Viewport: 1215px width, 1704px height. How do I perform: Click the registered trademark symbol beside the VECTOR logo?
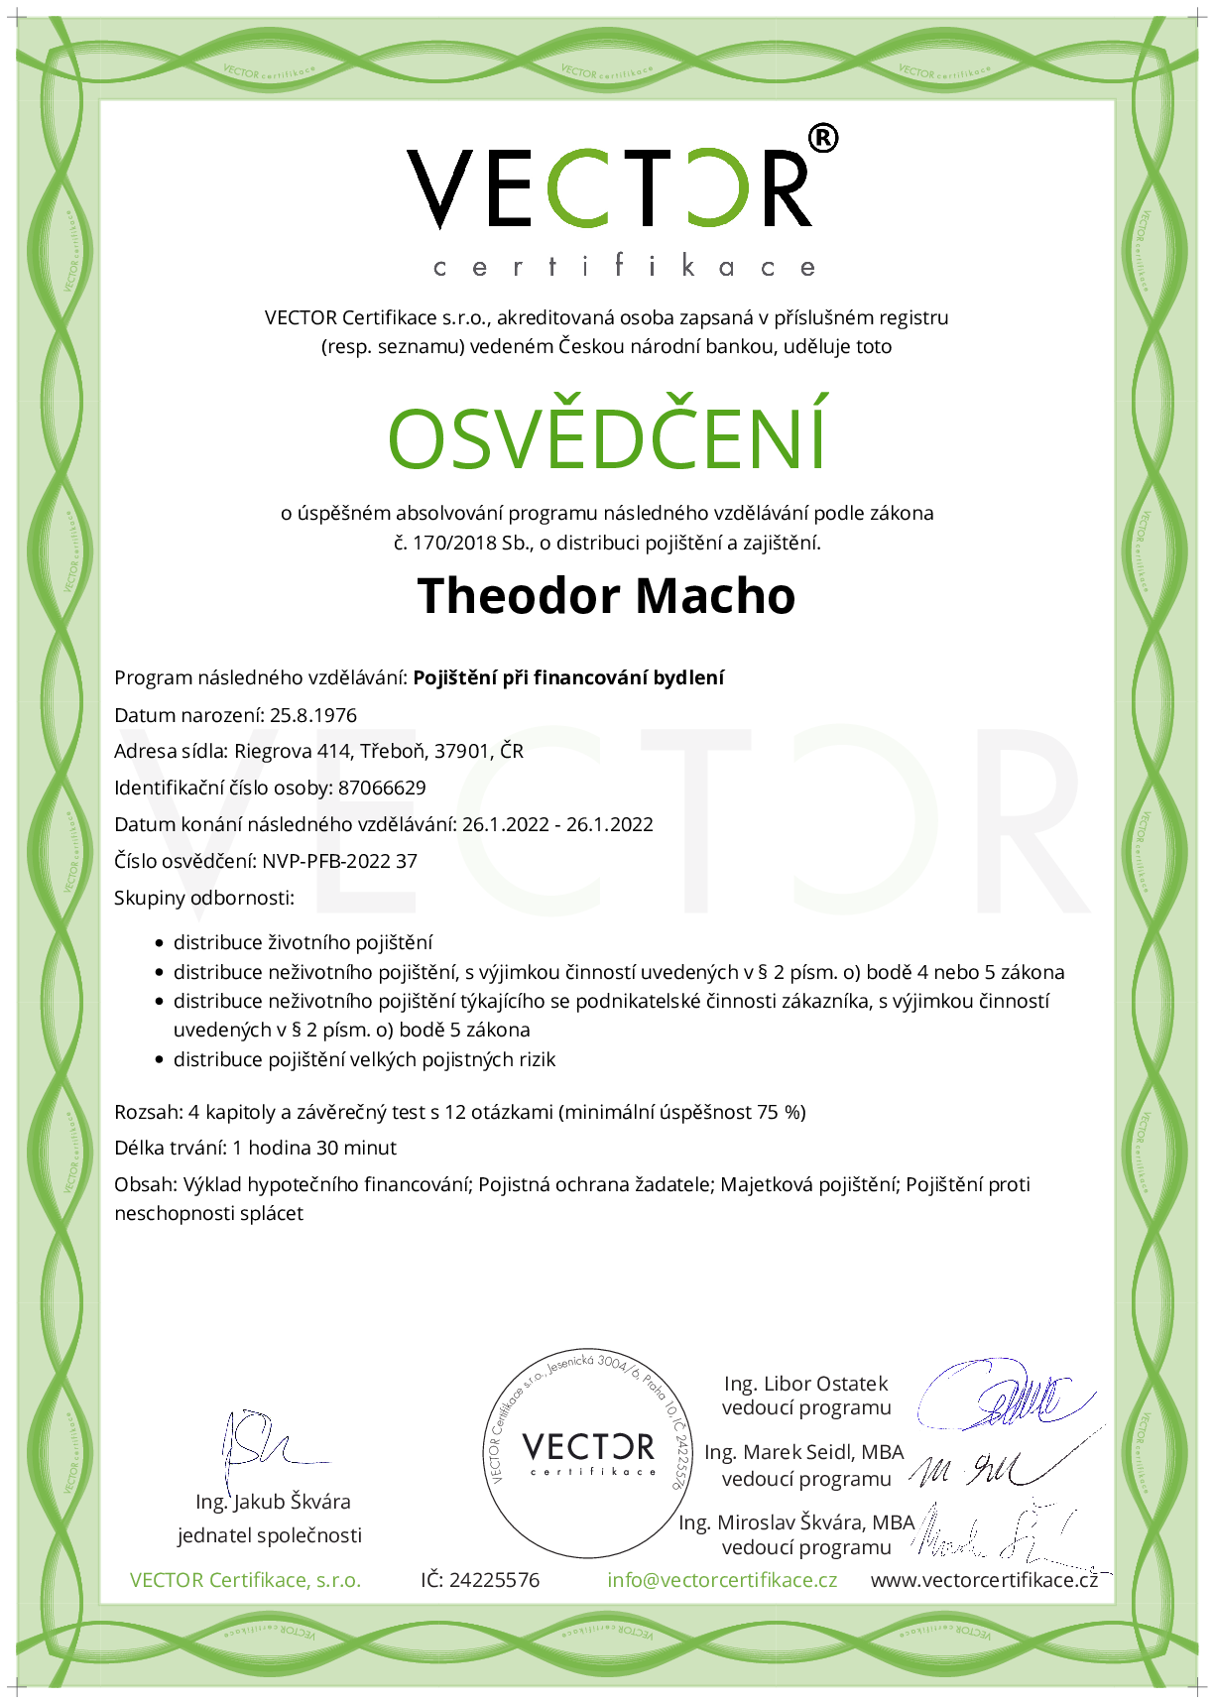(x=822, y=139)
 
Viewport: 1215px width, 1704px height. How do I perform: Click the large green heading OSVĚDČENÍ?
(x=607, y=437)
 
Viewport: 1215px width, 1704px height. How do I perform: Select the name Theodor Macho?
(x=606, y=596)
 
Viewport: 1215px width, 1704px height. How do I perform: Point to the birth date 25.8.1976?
(x=312, y=715)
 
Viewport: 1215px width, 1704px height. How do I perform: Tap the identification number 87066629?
(x=382, y=789)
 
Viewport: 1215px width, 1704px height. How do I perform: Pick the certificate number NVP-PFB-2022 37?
(x=339, y=861)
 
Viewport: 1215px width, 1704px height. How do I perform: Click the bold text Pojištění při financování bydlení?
(x=568, y=677)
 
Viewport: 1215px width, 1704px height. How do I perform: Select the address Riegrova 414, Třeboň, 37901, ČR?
(x=379, y=752)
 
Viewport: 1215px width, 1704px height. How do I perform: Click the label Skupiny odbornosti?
(x=204, y=898)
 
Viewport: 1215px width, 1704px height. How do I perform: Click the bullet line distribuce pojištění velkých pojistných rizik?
(x=364, y=1059)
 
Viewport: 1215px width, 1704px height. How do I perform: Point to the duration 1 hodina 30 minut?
(x=314, y=1148)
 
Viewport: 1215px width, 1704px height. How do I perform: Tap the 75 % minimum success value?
(x=780, y=1112)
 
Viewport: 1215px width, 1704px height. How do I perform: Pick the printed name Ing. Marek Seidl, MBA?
(x=804, y=1452)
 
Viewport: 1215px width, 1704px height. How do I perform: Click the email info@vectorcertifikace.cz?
(x=722, y=1580)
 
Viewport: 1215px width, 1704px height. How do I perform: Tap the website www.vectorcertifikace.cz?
(x=984, y=1580)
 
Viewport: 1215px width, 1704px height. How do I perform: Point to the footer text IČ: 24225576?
(x=480, y=1580)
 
